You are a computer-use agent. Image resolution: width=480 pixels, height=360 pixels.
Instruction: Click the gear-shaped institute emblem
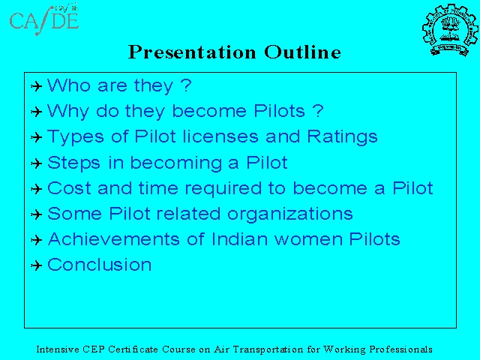tap(450, 30)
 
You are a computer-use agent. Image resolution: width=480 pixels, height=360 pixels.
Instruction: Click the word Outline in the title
tap(302, 52)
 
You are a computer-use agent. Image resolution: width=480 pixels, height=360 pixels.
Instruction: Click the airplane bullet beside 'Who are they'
tap(37, 86)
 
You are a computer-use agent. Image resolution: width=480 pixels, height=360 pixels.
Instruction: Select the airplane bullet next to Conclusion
tap(37, 265)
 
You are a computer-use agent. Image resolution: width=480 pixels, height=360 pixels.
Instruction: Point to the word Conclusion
tap(100, 265)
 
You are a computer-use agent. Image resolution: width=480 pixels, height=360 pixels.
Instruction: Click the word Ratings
tap(342, 137)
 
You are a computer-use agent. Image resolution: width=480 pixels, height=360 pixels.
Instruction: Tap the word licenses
tap(220, 136)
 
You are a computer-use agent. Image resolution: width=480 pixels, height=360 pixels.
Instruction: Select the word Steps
tap(73, 163)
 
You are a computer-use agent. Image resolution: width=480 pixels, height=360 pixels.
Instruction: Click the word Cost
tap(69, 188)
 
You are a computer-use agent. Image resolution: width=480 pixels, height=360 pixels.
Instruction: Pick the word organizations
tap(290, 214)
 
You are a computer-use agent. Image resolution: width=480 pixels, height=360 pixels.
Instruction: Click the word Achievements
tap(113, 239)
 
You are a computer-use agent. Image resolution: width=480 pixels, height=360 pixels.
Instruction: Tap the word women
tap(308, 240)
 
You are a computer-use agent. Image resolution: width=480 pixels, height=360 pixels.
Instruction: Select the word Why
tap(68, 112)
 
